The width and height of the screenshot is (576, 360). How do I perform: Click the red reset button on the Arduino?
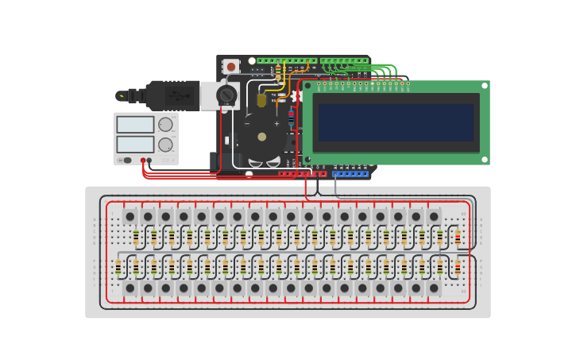[x=231, y=67]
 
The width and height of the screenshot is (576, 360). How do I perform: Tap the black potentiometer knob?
[x=226, y=96]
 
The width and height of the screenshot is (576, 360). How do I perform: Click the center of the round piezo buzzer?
[x=261, y=137]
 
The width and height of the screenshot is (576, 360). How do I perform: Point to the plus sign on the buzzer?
[x=276, y=123]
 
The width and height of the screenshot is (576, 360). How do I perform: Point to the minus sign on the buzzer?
[x=246, y=123]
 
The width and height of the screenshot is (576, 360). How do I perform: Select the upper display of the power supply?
[x=135, y=125]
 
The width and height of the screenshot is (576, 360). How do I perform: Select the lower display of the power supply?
[x=135, y=144]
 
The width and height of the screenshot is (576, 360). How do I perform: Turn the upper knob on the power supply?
[x=165, y=125]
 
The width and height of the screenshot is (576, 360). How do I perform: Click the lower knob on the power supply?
[x=165, y=145]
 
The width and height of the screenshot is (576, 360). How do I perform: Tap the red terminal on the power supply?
[x=143, y=161]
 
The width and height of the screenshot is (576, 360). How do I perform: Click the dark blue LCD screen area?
[x=396, y=122]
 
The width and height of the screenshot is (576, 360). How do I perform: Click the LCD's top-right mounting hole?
[x=484, y=85]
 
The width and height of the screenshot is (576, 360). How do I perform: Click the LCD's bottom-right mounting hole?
[x=484, y=159]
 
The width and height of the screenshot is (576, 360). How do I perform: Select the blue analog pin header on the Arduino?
[x=350, y=173]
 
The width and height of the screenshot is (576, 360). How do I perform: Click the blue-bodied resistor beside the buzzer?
[x=292, y=117]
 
